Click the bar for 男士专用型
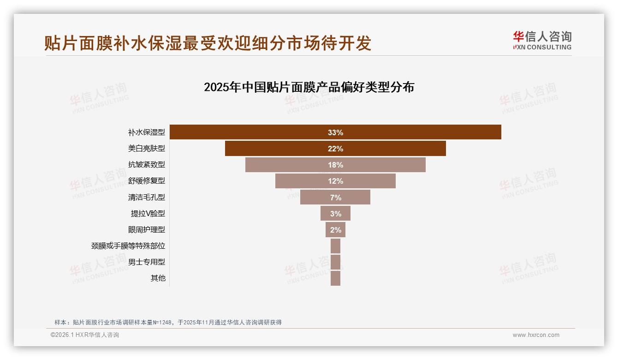point(335,262)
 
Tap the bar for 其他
point(335,278)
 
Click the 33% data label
point(335,132)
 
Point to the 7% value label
point(335,198)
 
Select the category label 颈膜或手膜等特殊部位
point(128,246)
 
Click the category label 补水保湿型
point(146,132)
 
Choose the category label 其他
point(158,278)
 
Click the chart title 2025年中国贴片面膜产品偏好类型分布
point(309,87)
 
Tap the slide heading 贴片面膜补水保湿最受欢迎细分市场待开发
point(208,43)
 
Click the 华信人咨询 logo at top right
point(542,40)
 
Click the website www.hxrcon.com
point(536,335)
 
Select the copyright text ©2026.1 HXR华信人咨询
point(85,335)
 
